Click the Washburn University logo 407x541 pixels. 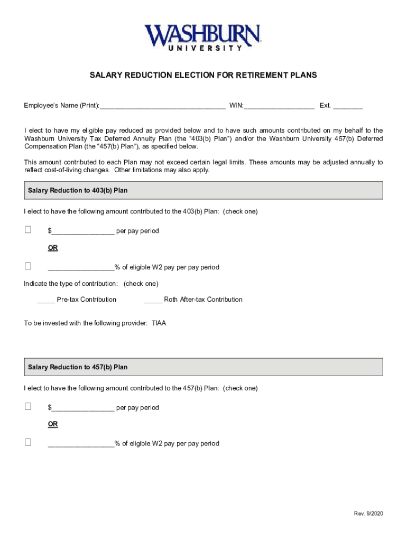[x=203, y=37]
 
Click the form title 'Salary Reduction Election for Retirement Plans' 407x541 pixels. [x=203, y=76]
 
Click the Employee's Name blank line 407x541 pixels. [x=163, y=106]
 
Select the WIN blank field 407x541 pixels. [x=279, y=106]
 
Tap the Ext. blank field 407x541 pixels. [x=348, y=106]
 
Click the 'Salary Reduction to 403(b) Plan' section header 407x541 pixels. [x=78, y=190]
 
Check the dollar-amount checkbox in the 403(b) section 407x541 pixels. [x=28, y=230]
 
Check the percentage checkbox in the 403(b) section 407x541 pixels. [x=28, y=266]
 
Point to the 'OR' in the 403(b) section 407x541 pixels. [x=53, y=248]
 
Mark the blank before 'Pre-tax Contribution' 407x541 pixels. [x=46, y=300]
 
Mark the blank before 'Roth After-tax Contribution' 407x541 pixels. [x=153, y=300]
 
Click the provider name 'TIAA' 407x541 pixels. [x=159, y=323]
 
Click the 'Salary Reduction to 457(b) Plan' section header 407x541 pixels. [x=78, y=367]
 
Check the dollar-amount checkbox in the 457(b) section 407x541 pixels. [x=28, y=406]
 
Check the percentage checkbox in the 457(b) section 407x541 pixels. [x=28, y=442]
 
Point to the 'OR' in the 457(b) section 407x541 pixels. [x=53, y=424]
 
